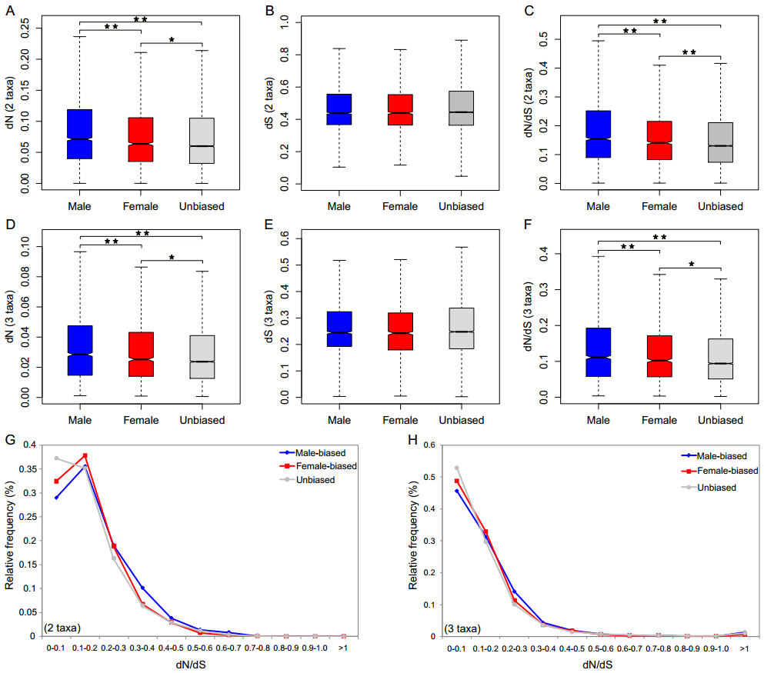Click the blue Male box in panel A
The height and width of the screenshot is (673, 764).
[80, 134]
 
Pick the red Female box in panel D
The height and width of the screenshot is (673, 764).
[142, 354]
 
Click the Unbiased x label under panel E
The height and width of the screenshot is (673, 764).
[461, 421]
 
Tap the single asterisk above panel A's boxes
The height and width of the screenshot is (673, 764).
[172, 38]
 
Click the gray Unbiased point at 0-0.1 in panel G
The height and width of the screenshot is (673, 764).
[56, 458]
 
